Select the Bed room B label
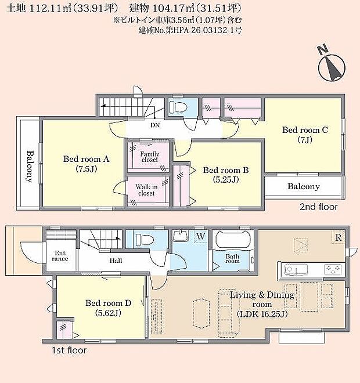point(226,175)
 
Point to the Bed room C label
point(305,135)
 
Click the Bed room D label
point(109,308)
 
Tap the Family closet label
point(149,156)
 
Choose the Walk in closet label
point(146,190)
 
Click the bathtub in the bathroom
point(235,240)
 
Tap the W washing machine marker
point(200,236)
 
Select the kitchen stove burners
point(332,269)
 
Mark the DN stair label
point(155,125)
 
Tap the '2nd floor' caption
point(318,207)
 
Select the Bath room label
point(232,259)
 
